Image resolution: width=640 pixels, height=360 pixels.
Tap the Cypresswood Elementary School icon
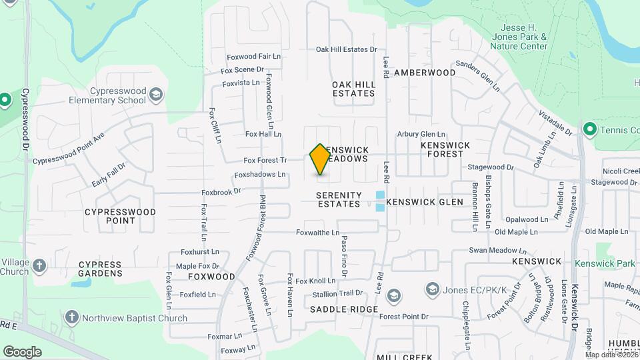coord(155,93)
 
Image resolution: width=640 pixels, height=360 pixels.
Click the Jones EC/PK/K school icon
coord(433,289)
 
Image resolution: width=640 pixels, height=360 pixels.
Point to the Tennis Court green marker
coord(589,128)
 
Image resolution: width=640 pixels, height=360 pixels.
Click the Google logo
coord(22,351)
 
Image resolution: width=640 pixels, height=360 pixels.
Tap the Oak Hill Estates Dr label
coord(346,49)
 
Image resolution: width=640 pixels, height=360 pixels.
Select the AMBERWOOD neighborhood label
coord(425,72)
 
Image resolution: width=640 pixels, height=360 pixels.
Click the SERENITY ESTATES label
coord(339,199)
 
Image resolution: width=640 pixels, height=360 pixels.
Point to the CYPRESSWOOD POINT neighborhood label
coord(120,216)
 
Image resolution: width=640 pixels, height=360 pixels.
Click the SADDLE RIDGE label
coord(344,310)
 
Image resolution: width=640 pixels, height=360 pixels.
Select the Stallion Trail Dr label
coord(337,293)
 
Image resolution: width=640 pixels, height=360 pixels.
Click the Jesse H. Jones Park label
coord(524,37)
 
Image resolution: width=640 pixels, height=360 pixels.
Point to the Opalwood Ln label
coord(526,219)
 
